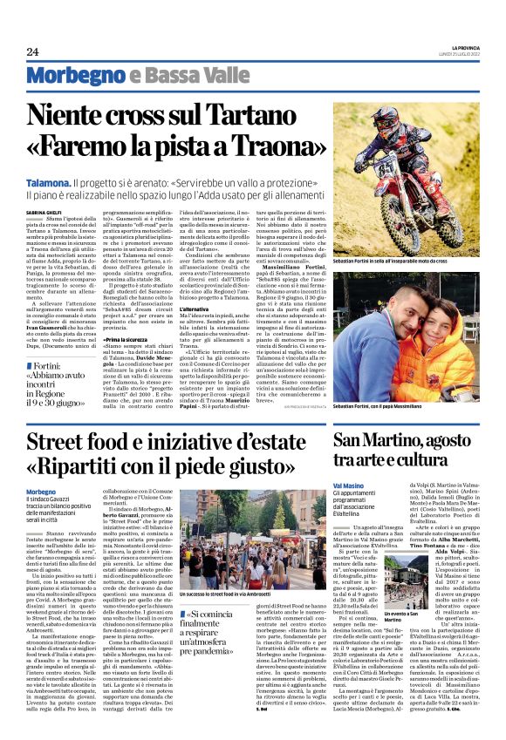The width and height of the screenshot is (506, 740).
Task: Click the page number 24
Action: click(x=32, y=51)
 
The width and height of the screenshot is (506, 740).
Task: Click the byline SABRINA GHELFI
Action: click(x=44, y=210)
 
